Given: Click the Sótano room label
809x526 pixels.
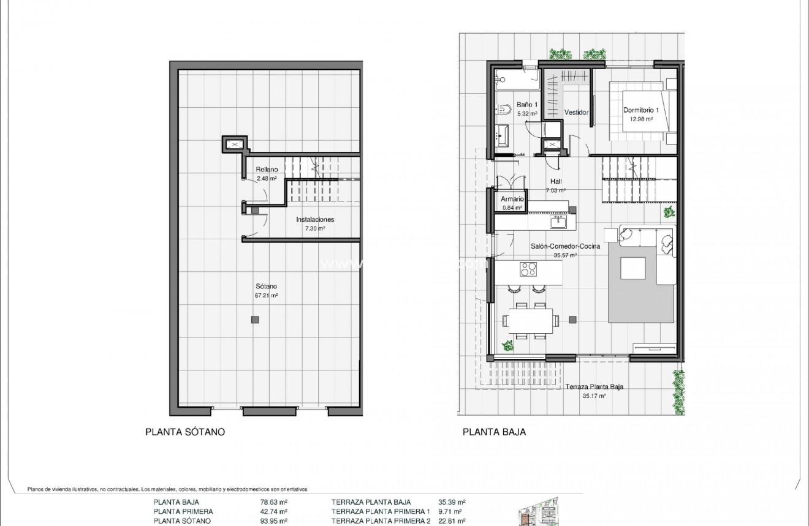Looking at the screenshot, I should click(267, 286).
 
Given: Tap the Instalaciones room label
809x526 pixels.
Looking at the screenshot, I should click(315, 219).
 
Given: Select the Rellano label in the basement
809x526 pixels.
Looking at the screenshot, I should click(267, 170).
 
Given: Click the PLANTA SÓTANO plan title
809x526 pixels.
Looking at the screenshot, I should click(185, 432).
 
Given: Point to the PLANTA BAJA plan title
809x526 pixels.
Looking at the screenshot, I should click(494, 432).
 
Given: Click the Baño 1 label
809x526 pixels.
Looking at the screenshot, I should click(526, 105).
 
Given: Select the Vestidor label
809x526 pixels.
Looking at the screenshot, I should click(575, 113).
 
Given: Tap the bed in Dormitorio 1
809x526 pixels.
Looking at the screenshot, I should click(644, 110).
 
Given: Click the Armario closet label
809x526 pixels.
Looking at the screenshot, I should click(512, 199).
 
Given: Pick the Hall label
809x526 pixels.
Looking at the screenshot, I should click(556, 181).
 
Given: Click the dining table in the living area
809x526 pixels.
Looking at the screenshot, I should click(530, 320).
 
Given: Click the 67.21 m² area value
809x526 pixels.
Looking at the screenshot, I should click(267, 295).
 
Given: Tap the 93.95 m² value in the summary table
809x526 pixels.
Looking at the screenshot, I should click(274, 521).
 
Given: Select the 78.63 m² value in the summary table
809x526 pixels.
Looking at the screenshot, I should click(274, 502).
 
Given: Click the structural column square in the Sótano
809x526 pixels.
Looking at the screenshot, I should click(255, 320).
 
